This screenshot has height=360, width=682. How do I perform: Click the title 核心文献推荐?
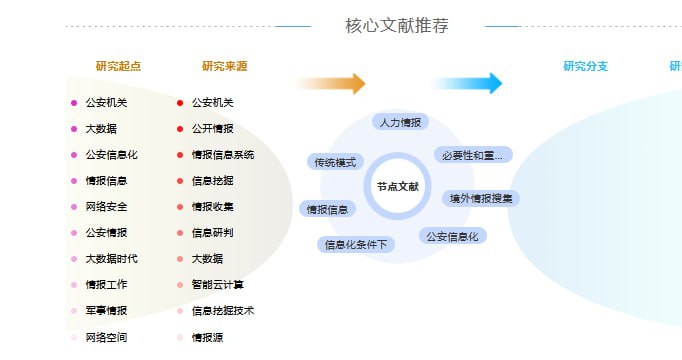point(396,26)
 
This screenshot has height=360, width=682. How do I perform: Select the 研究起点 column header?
point(118,67)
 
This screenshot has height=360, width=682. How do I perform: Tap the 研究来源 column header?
point(224,67)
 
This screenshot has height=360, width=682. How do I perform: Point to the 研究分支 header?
point(585,67)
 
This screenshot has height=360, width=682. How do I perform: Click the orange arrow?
point(333,84)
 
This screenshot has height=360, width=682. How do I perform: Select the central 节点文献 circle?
point(397,187)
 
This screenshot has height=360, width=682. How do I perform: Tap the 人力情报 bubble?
point(400,122)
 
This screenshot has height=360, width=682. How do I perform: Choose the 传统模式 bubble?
point(335,162)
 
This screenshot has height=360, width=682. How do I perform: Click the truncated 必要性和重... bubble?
point(473,155)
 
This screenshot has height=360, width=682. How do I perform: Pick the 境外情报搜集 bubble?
point(480,198)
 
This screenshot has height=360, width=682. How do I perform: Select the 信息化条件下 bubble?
point(357,244)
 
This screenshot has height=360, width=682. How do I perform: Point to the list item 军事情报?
point(106,311)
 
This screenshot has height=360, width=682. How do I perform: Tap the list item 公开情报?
point(212,129)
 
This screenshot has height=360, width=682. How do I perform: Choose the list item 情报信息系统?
point(222,155)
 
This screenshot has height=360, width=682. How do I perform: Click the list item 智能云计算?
point(217,285)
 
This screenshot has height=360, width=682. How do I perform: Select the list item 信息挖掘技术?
point(222,311)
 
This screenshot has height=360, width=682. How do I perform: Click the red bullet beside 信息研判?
point(180,233)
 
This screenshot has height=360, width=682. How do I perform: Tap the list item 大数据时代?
point(111,259)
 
